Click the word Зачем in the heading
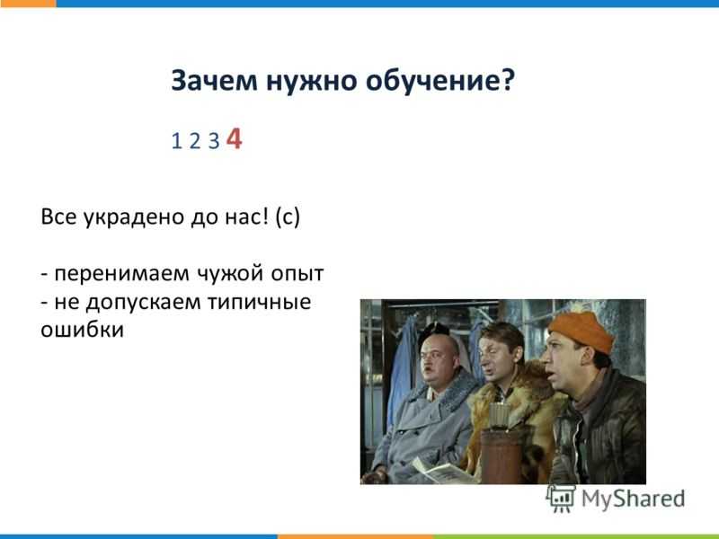(x=214, y=81)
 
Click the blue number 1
(x=176, y=141)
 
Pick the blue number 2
(x=195, y=141)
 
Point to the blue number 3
(x=214, y=141)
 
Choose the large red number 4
(x=234, y=138)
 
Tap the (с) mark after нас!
(x=288, y=216)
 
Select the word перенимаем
(x=122, y=275)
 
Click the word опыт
(x=297, y=274)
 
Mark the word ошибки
(x=82, y=330)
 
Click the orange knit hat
(x=581, y=331)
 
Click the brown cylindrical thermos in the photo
(x=502, y=455)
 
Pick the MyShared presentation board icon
(x=560, y=499)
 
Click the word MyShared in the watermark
(x=634, y=499)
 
